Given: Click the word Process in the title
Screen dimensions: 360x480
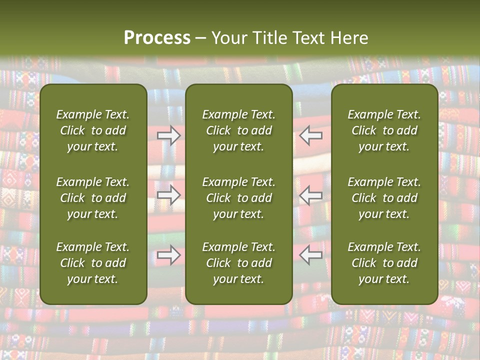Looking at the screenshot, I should pos(157,38).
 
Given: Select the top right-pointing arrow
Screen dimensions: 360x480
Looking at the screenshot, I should pos(169,135).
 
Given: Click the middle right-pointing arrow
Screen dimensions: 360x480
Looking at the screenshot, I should pos(169,195).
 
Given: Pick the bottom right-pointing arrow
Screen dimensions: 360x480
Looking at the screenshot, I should pos(169,255).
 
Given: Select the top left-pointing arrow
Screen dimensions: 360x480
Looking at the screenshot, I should pos(311,135).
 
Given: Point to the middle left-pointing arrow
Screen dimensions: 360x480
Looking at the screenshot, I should pos(311,195).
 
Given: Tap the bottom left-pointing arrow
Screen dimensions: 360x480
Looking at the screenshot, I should pos(311,255).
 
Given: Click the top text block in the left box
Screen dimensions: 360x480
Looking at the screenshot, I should pos(93,130).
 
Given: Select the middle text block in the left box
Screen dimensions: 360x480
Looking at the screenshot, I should pos(93,198).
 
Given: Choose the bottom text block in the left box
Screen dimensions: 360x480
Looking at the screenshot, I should pos(93,263).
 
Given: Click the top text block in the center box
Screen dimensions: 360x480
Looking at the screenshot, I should pos(239,130).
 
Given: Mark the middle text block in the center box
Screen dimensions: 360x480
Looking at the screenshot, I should pos(239,198).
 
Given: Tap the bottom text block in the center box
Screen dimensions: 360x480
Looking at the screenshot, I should pos(239,263).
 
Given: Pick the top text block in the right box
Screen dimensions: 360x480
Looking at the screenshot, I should pos(384,130).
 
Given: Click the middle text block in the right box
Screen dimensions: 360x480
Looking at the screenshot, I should pos(384,198).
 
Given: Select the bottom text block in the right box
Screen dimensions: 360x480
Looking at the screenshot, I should pos(384,263).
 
